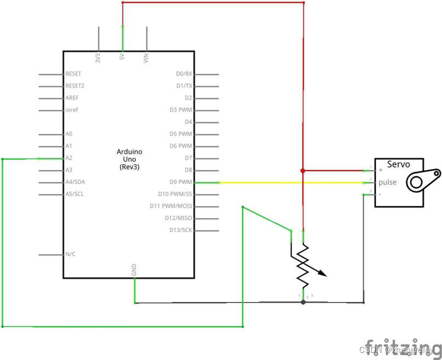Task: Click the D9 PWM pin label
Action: coord(181,182)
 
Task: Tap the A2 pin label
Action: coord(69,158)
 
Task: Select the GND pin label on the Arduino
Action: coord(134,270)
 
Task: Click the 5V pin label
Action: coord(122,57)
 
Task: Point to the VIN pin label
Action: coord(146,58)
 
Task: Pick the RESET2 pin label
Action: coord(75,86)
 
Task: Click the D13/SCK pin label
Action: coord(181,230)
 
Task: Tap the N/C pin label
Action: coord(71,254)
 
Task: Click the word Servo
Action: coord(398,164)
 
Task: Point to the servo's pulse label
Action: coord(387,183)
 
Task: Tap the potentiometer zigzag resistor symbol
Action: coord(303,266)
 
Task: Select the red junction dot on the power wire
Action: coord(303,171)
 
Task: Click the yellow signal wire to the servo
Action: coord(274,182)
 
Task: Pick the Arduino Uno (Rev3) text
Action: coord(129,159)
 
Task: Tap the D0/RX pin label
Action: coord(184,74)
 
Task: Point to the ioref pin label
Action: coord(71,110)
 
